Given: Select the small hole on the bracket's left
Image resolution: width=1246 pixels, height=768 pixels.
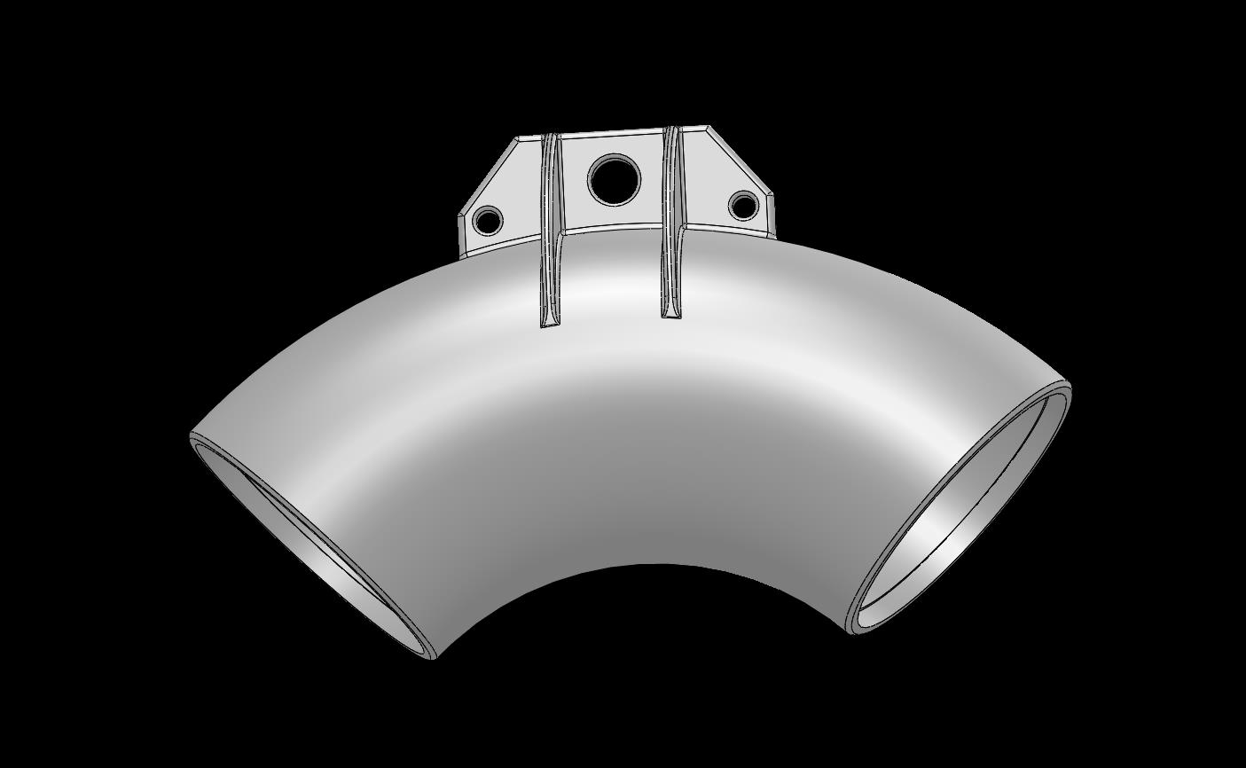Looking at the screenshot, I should click(x=488, y=219).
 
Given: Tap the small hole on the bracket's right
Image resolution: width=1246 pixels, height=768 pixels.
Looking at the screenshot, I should click(x=743, y=206).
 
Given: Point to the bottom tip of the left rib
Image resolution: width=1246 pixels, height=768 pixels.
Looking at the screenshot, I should click(x=550, y=324).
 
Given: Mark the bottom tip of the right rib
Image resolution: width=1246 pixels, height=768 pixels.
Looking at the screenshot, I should click(x=671, y=315).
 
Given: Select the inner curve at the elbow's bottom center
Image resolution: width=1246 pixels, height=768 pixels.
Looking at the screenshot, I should click(x=652, y=564).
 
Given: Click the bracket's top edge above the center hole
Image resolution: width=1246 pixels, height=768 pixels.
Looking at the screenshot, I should click(x=612, y=133).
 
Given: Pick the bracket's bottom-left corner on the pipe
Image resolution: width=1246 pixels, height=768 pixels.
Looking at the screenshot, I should click(x=462, y=254).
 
